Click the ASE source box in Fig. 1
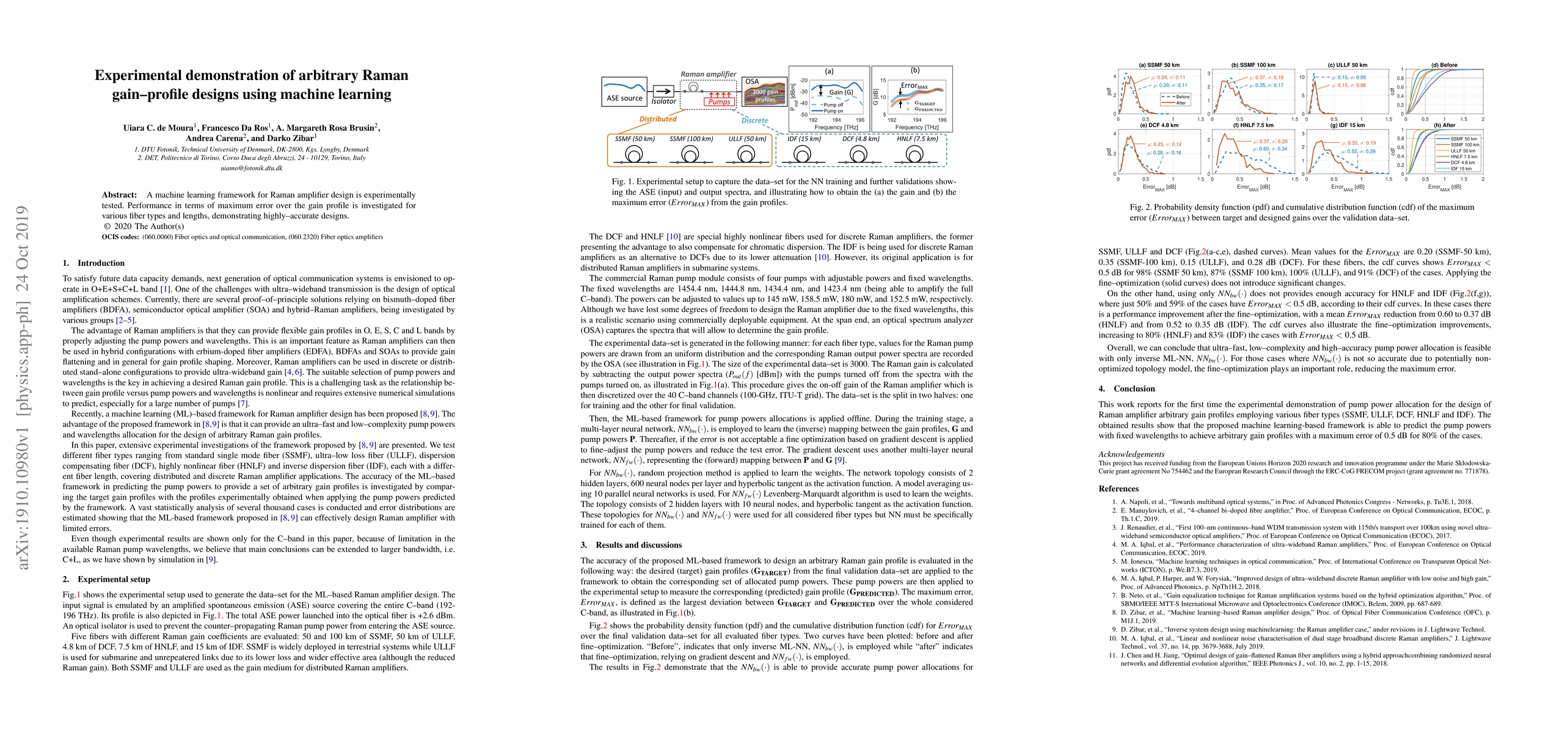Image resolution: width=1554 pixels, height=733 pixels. pos(624,91)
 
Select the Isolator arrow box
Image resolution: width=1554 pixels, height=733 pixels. pos(663,91)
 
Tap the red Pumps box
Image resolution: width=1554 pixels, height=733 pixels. pos(719,102)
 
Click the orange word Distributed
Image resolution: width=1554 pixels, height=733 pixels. pos(658,119)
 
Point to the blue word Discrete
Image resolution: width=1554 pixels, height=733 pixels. pos(754,120)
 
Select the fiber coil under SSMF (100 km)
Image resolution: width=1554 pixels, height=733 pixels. pos(691,155)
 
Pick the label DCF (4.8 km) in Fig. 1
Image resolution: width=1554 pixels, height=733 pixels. pos(861,139)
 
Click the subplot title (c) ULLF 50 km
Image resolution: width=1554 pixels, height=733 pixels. pos(1346,65)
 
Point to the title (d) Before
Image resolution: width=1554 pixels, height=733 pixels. pos(1444,65)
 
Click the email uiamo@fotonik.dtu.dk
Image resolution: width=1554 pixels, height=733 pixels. pos(251,168)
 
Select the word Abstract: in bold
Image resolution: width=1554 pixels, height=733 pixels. pos(119,195)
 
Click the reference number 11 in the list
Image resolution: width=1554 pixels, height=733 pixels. pos(1115,655)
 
